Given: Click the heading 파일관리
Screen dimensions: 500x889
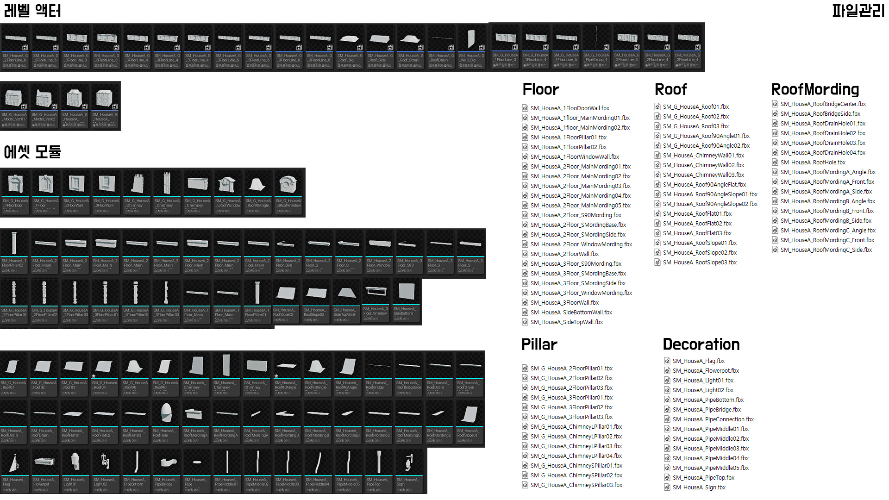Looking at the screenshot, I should (858, 11).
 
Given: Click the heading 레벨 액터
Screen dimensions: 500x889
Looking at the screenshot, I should (32, 11).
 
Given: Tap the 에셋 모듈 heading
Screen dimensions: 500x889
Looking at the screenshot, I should (32, 151).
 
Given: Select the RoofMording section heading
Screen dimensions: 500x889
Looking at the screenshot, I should (815, 89).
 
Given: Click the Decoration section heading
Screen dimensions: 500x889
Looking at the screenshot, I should (701, 344).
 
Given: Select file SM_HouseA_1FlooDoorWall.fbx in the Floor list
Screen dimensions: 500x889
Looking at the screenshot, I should (570, 108).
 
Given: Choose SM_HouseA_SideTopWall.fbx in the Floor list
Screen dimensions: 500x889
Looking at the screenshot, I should (566, 322).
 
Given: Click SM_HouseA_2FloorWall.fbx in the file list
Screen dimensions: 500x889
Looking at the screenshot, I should (564, 254).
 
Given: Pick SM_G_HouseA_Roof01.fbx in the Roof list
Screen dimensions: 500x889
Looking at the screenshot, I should (695, 107).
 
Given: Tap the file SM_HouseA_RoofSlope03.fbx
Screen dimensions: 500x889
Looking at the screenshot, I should (700, 262).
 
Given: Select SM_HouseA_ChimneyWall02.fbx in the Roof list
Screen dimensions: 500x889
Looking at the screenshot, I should (703, 165).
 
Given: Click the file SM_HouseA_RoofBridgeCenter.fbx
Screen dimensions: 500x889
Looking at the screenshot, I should (823, 104).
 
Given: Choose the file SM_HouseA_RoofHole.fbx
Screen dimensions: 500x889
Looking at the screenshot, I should (813, 162).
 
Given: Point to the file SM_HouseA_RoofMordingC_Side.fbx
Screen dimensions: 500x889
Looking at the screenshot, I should (826, 250).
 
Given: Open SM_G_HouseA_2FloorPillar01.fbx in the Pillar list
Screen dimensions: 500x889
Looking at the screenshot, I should (571, 369).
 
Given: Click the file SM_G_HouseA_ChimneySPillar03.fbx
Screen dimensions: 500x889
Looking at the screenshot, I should (576, 485).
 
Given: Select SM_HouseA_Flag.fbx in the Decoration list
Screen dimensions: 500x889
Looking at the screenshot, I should (698, 361).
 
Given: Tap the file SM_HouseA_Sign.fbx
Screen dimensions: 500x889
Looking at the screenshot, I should (699, 487).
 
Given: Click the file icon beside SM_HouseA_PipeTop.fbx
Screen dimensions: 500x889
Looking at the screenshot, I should (667, 478).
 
